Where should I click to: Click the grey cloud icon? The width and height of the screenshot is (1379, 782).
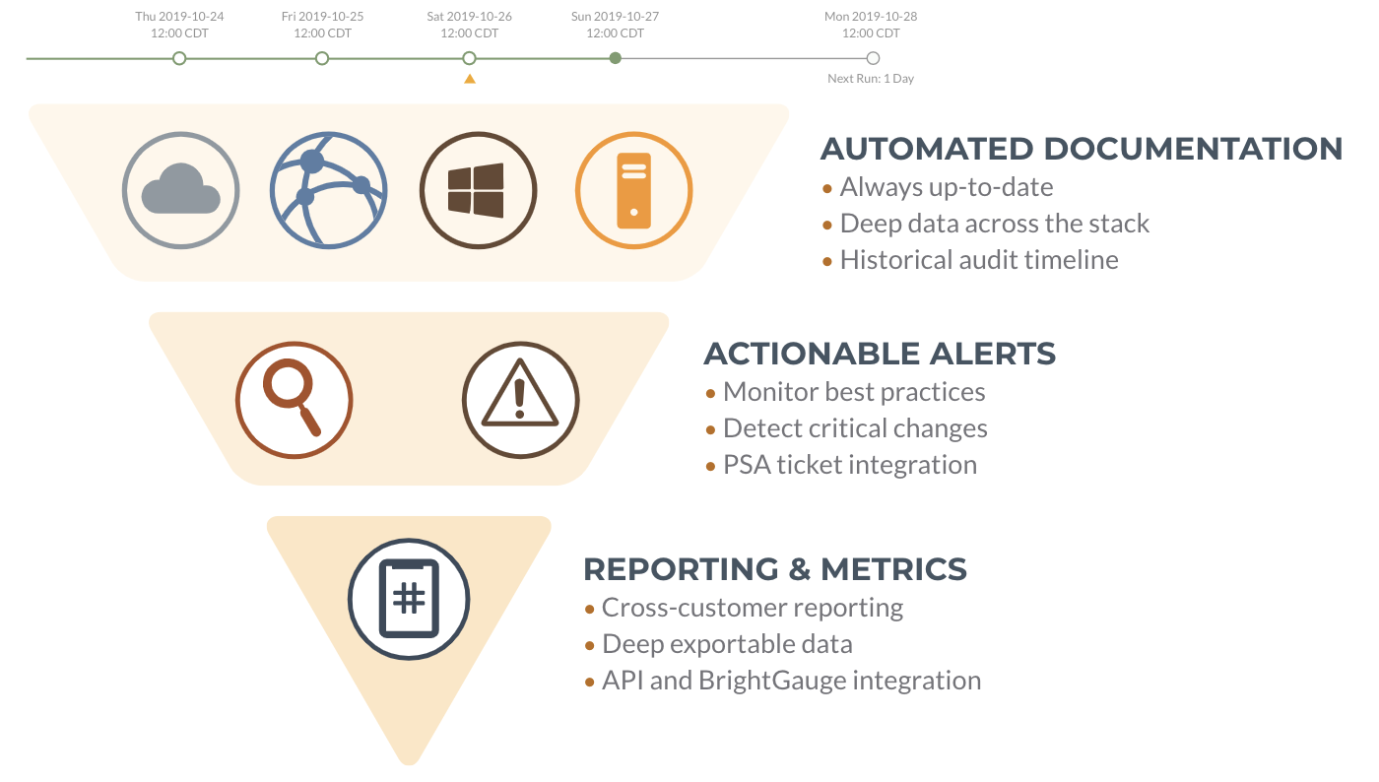[x=180, y=190]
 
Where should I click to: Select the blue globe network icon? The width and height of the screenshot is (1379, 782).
[x=329, y=190]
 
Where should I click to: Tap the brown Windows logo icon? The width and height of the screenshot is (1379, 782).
[x=478, y=190]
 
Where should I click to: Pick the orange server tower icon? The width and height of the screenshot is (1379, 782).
[x=633, y=190]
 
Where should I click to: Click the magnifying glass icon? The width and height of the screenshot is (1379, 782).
[x=294, y=400]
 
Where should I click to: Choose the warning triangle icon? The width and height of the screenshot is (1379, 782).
[x=520, y=400]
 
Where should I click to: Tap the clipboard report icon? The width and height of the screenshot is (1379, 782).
[x=409, y=599]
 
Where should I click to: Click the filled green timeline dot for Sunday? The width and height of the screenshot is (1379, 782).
[x=615, y=58]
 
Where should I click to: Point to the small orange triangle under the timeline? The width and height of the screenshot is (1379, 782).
[x=470, y=79]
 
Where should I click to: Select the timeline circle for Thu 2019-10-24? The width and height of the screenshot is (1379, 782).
[x=179, y=58]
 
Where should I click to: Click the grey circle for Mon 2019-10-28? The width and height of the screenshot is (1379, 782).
[x=873, y=58]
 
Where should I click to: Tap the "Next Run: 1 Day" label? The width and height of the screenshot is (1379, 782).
[x=871, y=79]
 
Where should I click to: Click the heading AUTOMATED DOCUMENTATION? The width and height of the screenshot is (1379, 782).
[x=1082, y=149]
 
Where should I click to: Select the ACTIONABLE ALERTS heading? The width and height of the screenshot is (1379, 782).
[x=880, y=354]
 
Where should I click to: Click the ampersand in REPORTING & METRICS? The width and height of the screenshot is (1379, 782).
[x=799, y=569]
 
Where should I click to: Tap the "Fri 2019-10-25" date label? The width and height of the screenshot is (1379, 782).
[x=323, y=17]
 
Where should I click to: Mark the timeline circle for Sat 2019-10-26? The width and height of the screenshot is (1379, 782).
[x=469, y=58]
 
